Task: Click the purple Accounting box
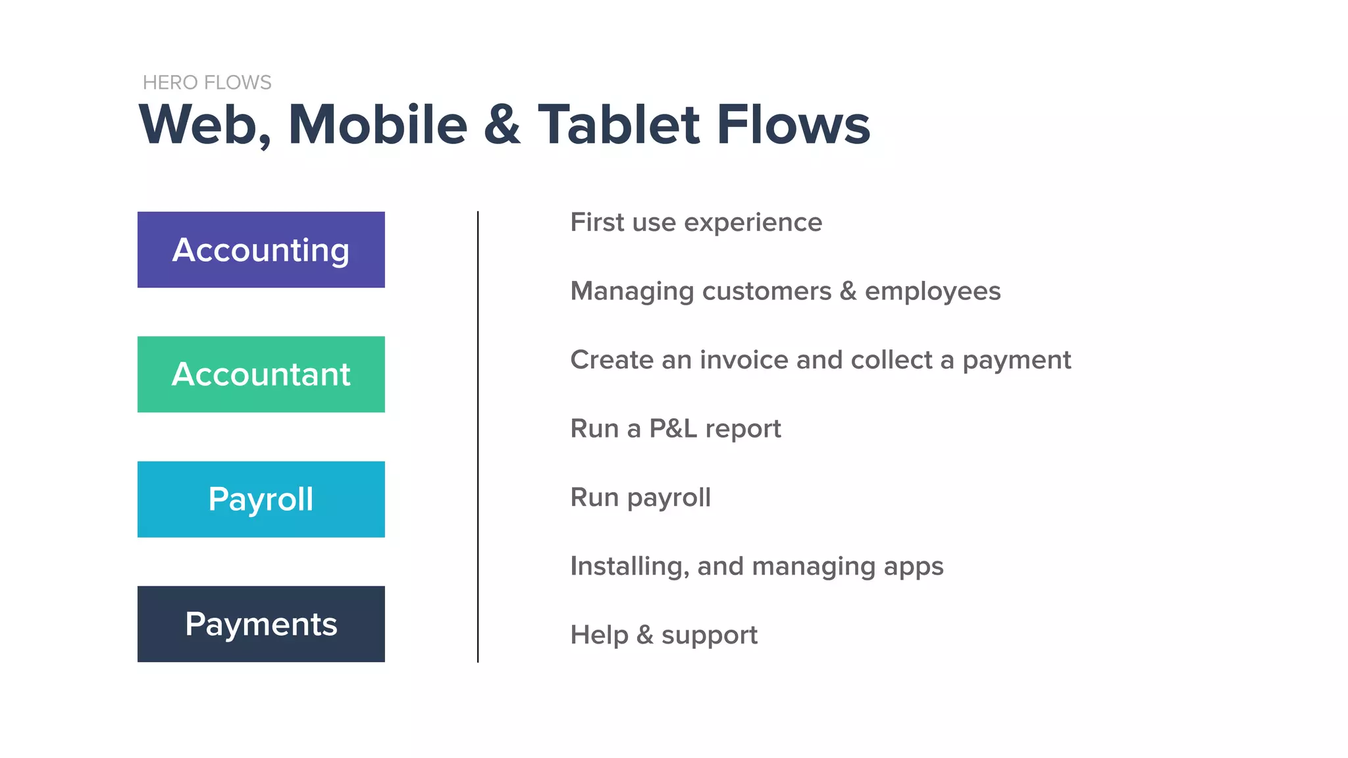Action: pos(261,249)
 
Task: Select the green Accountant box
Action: pos(261,374)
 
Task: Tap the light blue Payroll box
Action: pos(261,499)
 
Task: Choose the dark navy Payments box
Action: pos(261,624)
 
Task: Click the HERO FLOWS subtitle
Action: pos(207,82)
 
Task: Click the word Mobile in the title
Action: pos(378,125)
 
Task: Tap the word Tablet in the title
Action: pos(619,125)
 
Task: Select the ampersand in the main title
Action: pos(502,125)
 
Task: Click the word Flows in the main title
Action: pos(793,125)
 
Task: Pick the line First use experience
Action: pos(696,222)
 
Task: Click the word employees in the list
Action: pos(932,291)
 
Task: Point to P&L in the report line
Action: pos(673,429)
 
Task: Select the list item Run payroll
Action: pos(640,497)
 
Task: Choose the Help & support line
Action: pos(663,635)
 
